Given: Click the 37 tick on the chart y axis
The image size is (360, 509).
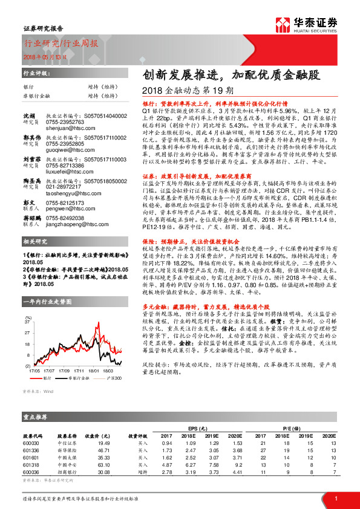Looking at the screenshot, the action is [28, 323].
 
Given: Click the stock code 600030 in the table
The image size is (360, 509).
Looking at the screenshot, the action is [31, 444].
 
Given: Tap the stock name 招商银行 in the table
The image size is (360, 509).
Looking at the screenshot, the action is [67, 472].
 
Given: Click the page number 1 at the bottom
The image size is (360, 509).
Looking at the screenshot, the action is [335, 497].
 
